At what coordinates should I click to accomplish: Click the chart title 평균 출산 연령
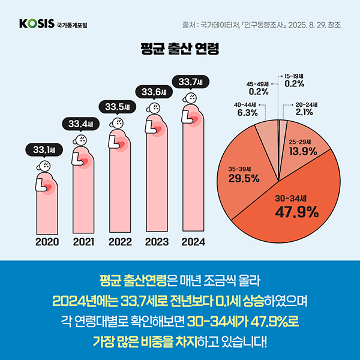pos(179,49)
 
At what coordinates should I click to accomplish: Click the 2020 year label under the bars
pos(45,242)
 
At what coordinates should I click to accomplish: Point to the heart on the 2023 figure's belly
pos(160,127)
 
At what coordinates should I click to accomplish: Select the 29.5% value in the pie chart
pos(244,178)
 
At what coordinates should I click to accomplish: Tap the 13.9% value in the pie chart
pos(303,151)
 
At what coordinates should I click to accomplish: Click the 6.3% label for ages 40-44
pos(247,112)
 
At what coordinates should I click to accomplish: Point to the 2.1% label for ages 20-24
pos(304,112)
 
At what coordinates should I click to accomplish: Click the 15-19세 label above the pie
pos(294,76)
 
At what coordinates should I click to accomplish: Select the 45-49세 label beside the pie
pos(258,84)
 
